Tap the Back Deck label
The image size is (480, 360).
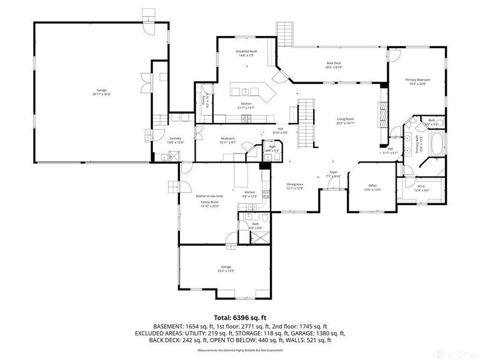pyautogui.click(x=334, y=63)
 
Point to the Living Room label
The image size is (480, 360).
pyautogui.click(x=346, y=119)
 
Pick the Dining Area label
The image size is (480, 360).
pyautogui.click(x=295, y=185)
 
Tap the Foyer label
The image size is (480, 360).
pyautogui.click(x=334, y=172)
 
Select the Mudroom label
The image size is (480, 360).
pyautogui.click(x=227, y=139)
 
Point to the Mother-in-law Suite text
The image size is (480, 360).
pyautogui.click(x=210, y=196)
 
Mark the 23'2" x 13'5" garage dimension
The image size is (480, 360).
pyautogui.click(x=226, y=271)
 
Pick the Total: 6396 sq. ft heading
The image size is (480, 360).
pyautogui.click(x=240, y=317)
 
